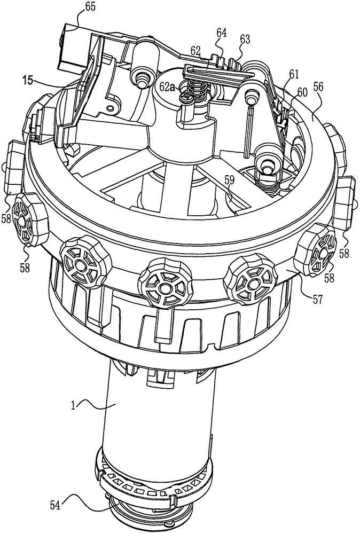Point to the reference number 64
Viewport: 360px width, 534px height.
(221, 33)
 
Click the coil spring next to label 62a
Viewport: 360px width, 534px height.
(197, 88)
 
